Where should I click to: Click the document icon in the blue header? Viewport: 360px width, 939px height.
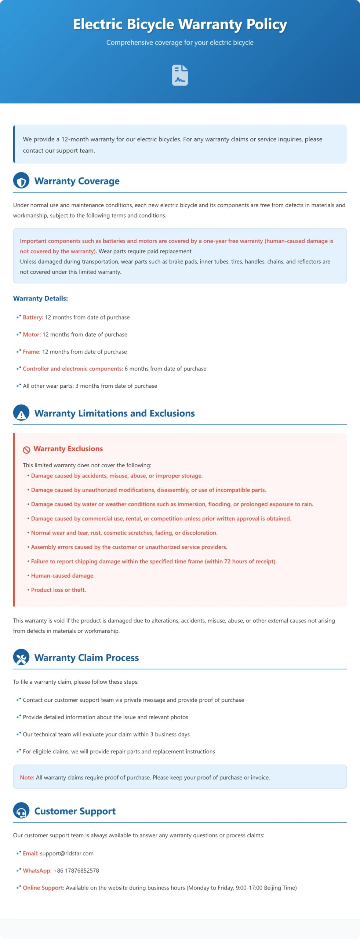[x=180, y=75]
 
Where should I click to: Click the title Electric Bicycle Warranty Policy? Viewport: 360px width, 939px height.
[x=180, y=24]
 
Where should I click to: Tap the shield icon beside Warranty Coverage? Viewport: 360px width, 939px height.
[x=21, y=181]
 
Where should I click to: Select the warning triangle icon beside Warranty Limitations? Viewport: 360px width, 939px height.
[x=21, y=413]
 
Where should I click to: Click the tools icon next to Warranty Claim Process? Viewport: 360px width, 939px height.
[x=21, y=658]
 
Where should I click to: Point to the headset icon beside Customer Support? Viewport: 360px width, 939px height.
[x=21, y=811]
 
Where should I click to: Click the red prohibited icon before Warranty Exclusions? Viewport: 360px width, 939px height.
[x=26, y=450]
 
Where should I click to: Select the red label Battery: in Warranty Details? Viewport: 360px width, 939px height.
[x=33, y=317]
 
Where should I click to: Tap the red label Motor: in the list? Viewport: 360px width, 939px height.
[x=32, y=335]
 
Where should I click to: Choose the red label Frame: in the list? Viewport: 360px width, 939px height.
[x=32, y=352]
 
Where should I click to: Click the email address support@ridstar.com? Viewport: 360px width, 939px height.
[x=67, y=854]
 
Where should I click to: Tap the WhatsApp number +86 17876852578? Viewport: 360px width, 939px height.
[x=76, y=871]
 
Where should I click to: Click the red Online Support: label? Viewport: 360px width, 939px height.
[x=43, y=888]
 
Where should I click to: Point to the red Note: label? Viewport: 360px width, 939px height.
[x=27, y=778]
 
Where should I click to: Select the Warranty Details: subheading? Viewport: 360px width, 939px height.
[x=40, y=299]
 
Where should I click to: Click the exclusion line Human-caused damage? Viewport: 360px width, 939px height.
[x=63, y=576]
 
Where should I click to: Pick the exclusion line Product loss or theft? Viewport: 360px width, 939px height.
[x=58, y=590]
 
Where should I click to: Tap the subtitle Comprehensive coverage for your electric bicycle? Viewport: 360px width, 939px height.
[x=180, y=43]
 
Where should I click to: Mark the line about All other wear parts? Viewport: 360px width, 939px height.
[x=90, y=386]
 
